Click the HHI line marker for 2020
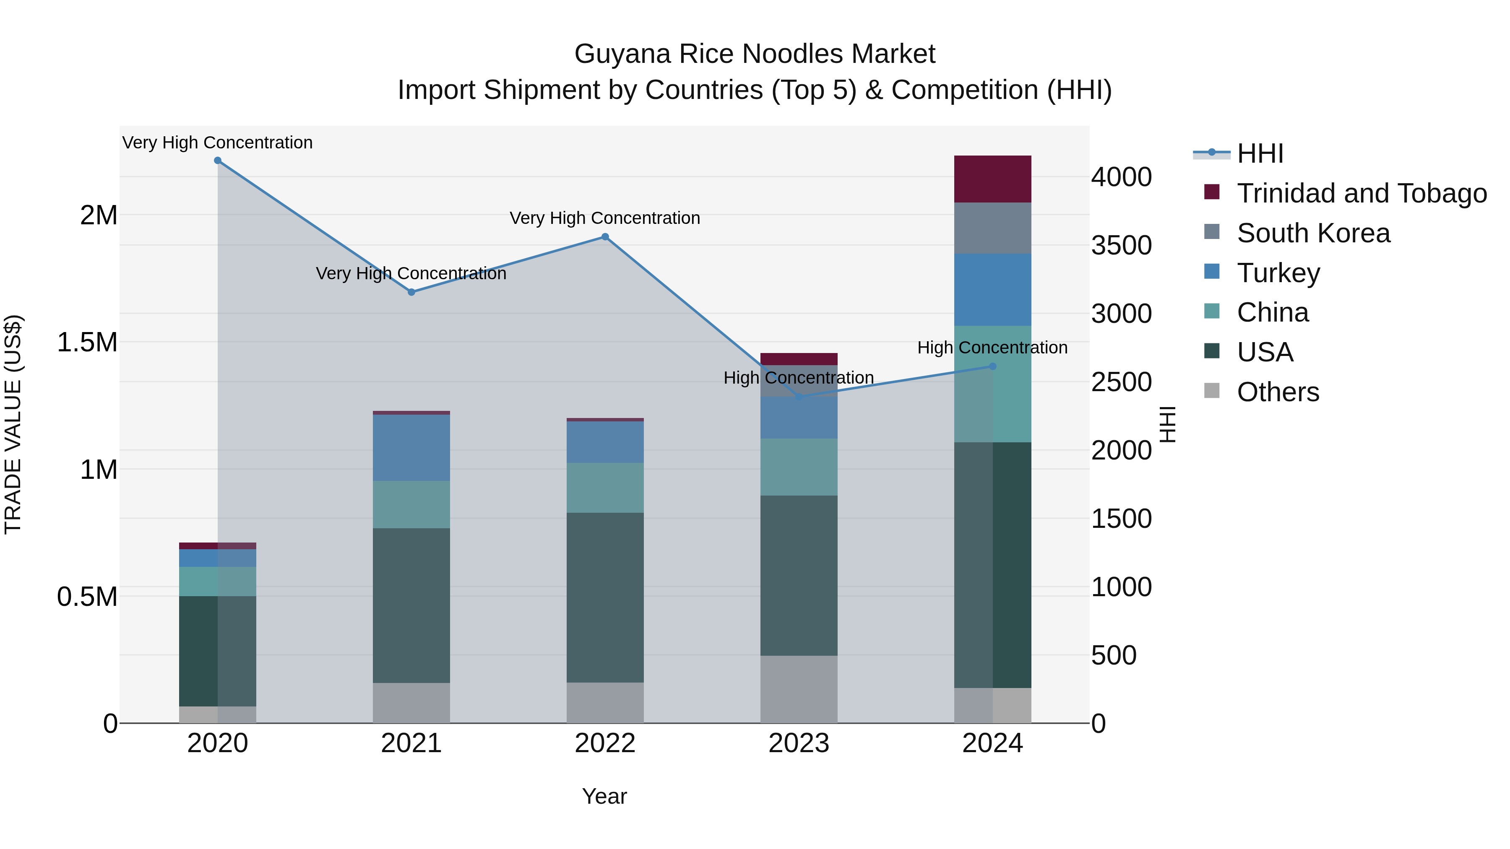pyautogui.click(x=217, y=161)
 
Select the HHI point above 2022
pyautogui.click(x=605, y=237)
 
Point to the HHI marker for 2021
pyautogui.click(x=411, y=292)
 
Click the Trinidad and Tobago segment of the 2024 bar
pyautogui.click(x=992, y=179)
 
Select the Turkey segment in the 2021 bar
pyautogui.click(x=411, y=448)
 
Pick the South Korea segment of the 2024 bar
pyautogui.click(x=992, y=228)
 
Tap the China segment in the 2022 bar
pyautogui.click(x=605, y=488)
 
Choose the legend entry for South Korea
pyautogui.click(x=1313, y=233)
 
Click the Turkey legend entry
pyautogui.click(x=1278, y=273)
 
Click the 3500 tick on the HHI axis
pyautogui.click(x=1121, y=246)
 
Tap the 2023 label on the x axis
pyautogui.click(x=798, y=743)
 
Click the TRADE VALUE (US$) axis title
pyautogui.click(x=13, y=424)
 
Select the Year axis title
pyautogui.click(x=604, y=796)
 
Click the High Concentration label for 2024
pyautogui.click(x=992, y=348)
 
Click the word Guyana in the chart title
pyautogui.click(x=622, y=54)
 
